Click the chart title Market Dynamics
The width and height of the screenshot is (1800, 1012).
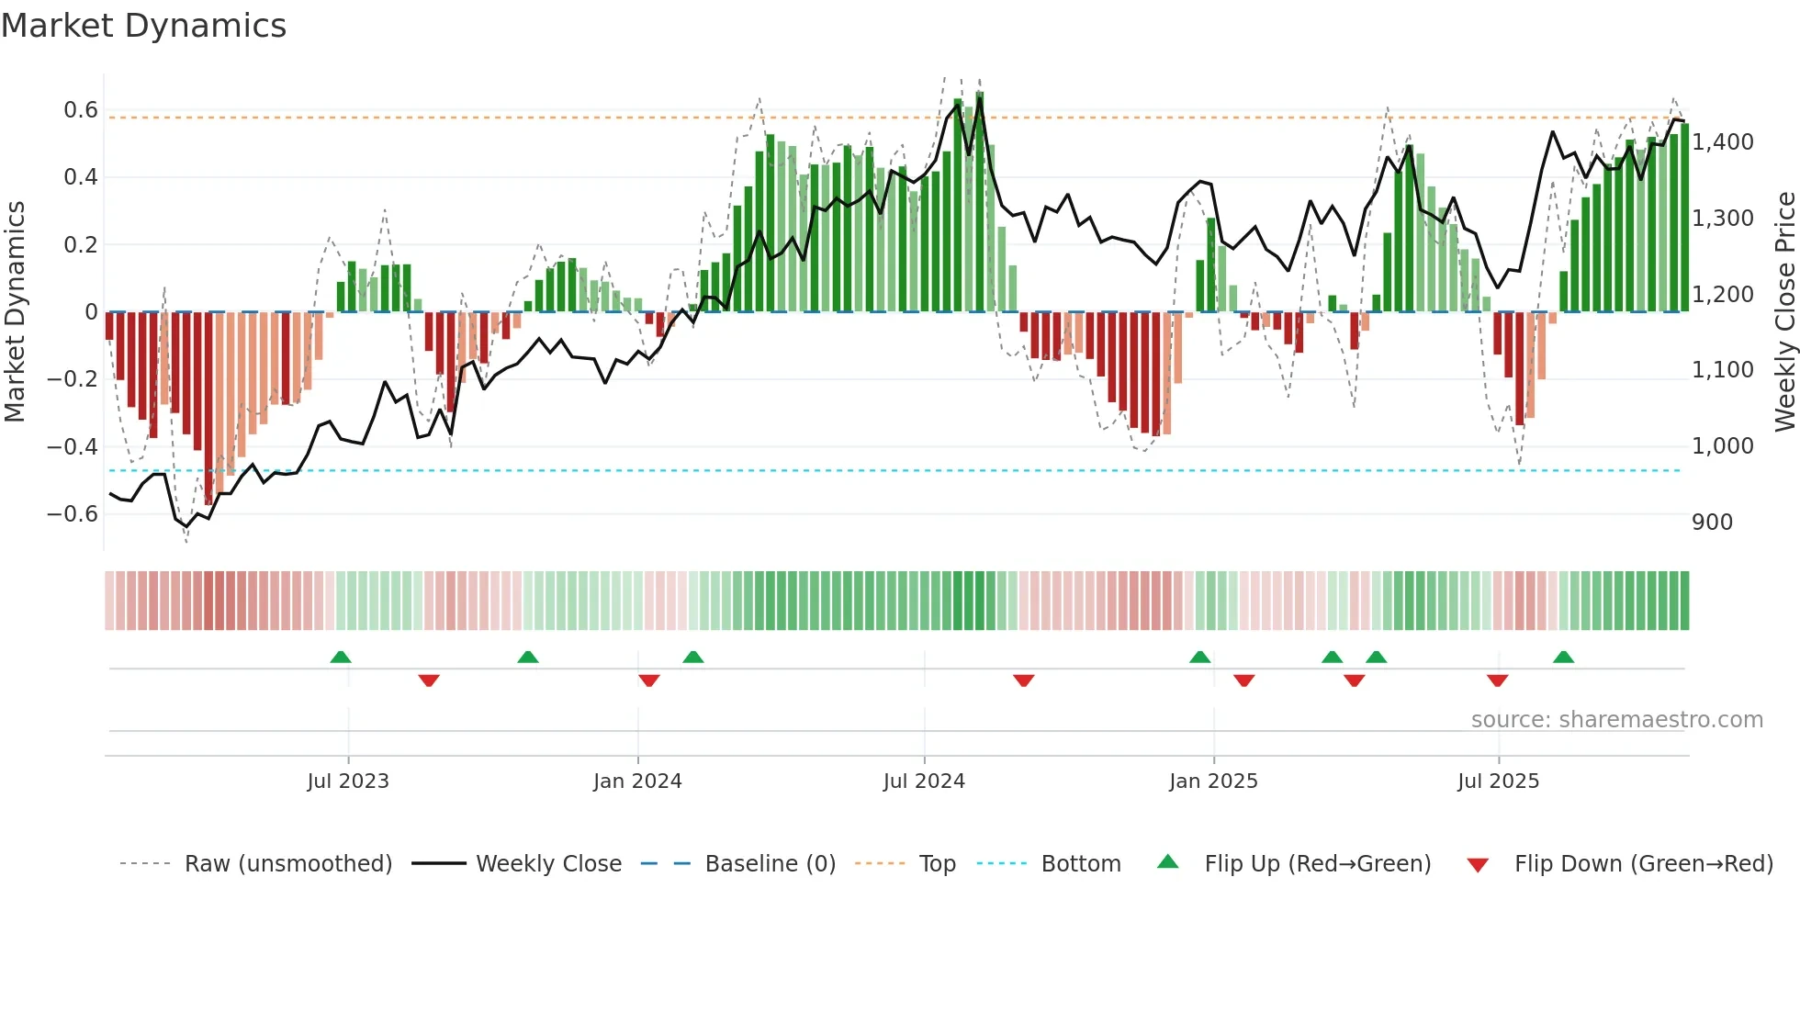point(143,26)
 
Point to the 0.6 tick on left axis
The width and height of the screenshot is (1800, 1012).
point(81,110)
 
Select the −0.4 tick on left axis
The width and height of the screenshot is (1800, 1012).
point(73,447)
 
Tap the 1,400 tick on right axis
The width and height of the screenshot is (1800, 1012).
point(1723,142)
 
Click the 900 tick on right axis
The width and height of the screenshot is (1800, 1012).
point(1712,523)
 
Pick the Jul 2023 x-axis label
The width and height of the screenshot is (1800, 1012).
point(348,781)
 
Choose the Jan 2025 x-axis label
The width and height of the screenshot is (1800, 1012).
point(1213,781)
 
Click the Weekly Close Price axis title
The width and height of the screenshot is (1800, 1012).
point(1784,311)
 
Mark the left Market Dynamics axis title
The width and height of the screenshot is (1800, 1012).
point(15,311)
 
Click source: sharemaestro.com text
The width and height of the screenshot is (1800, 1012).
point(1616,720)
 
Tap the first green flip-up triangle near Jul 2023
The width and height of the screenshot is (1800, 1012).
point(341,657)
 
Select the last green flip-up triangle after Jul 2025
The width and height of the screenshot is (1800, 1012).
point(1563,657)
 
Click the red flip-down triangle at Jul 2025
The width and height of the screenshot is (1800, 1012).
point(1497,680)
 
